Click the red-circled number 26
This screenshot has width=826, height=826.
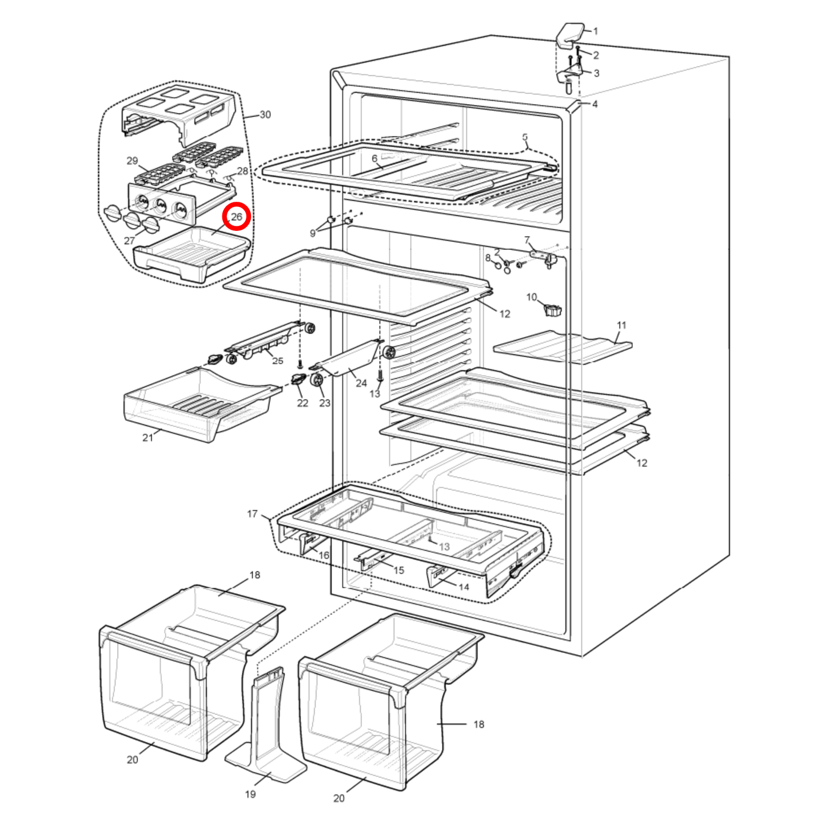[x=237, y=217]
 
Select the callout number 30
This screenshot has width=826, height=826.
[x=265, y=115]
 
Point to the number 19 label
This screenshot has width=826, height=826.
[x=250, y=794]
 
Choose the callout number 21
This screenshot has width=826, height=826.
[x=148, y=437]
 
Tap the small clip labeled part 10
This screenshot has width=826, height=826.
[x=552, y=310]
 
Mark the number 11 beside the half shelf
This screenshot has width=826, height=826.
[x=621, y=325]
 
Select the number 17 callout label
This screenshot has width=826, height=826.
[x=252, y=514]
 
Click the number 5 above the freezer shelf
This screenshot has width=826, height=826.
[x=525, y=137]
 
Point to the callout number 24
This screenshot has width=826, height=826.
[x=361, y=383]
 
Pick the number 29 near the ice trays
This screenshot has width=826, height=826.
[x=132, y=161]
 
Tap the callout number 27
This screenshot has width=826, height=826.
[x=130, y=241]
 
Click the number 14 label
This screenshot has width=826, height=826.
[x=464, y=587]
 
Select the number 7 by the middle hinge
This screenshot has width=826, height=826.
[x=527, y=240]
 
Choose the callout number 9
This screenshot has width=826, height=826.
[x=313, y=233]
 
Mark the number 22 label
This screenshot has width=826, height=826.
[x=302, y=403]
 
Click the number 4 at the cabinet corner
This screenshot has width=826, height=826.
[x=594, y=104]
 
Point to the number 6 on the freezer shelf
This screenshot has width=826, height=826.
[x=374, y=159]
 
